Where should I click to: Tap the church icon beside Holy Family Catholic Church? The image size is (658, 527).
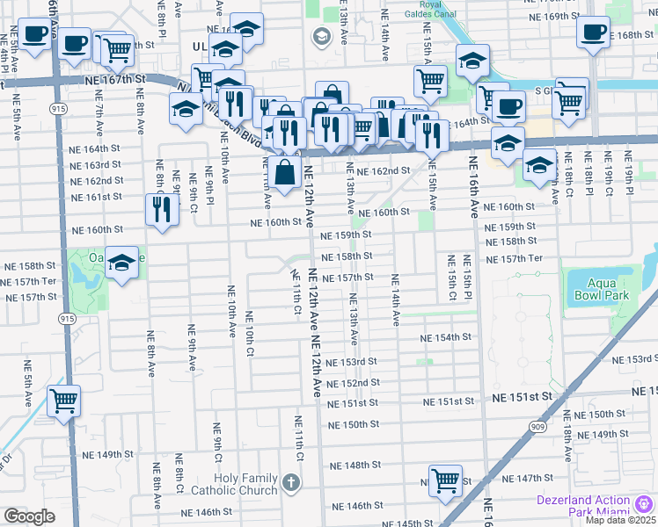pos(291,482)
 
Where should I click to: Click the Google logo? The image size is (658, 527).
pos(29,516)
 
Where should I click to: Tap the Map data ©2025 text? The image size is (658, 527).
pos(620,520)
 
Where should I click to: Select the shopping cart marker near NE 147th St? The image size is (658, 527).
pos(446,480)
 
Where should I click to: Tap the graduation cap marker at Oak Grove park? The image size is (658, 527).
pos(122,263)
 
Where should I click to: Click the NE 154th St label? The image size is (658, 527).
pos(447,338)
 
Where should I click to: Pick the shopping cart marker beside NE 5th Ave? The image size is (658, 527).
pos(63,401)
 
